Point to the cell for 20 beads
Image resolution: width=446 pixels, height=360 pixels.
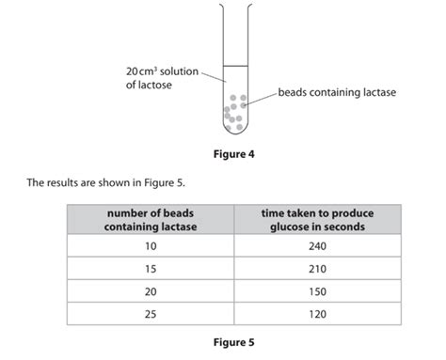point(151,291)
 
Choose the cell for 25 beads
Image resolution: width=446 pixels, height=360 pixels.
point(151,314)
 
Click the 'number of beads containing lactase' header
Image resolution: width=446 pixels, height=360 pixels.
point(151,220)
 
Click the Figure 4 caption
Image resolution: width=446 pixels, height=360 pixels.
point(233,153)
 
